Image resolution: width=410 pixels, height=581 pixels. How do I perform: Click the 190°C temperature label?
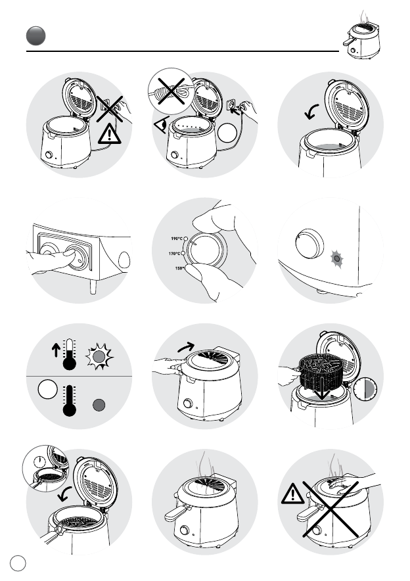(177, 239)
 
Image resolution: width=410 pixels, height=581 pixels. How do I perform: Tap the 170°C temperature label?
(174, 254)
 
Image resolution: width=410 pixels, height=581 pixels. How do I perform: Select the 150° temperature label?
(179, 268)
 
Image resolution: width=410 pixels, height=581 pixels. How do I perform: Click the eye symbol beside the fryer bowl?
(162, 124)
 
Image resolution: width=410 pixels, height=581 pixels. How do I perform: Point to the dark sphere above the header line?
(36, 36)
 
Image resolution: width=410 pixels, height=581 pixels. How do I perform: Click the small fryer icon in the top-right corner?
(361, 37)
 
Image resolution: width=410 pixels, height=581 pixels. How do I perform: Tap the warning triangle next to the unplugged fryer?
(109, 134)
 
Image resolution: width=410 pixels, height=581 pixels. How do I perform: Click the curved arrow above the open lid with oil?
(311, 111)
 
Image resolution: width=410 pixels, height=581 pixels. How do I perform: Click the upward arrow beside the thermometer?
(56, 350)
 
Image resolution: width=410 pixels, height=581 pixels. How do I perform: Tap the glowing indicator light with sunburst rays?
(99, 356)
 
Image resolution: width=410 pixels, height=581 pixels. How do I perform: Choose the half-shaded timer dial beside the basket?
(365, 390)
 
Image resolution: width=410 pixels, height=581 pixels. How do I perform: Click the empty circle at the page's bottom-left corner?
(18, 564)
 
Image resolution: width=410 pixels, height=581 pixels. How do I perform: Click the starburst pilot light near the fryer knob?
(336, 259)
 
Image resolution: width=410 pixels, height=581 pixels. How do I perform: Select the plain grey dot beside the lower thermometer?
(99, 405)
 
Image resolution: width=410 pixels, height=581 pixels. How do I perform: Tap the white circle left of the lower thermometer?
(48, 389)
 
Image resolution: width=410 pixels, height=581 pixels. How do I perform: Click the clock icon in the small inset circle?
(39, 461)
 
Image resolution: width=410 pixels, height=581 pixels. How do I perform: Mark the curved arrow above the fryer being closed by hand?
(186, 347)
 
